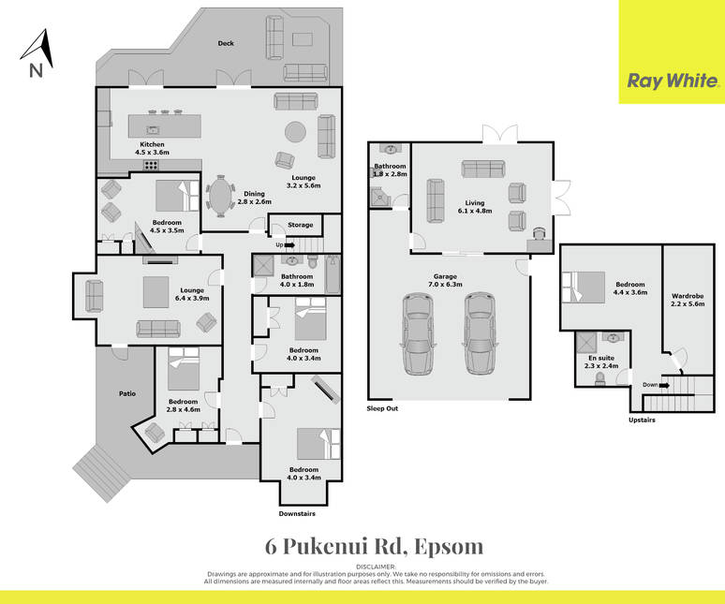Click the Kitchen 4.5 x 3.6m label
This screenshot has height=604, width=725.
click(152, 148)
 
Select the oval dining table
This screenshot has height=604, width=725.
click(220, 197)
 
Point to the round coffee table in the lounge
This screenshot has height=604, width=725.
click(295, 132)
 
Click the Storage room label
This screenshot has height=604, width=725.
click(301, 225)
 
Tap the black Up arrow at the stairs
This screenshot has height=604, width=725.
click(289, 245)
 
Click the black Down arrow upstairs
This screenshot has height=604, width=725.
click(664, 385)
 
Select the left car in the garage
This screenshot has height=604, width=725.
click(419, 333)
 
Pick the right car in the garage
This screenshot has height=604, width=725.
click(481, 333)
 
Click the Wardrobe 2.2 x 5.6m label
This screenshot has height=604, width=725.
click(688, 300)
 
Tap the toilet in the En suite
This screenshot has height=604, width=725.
click(599, 379)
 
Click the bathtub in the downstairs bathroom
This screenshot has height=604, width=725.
click(333, 274)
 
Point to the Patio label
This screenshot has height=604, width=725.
click(127, 393)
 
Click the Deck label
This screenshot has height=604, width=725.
click(226, 43)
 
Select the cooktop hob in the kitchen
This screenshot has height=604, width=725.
click(151, 164)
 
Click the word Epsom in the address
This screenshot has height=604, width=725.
click(449, 547)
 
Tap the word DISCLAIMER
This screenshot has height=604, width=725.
click(376, 567)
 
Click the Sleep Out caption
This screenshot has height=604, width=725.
click(382, 408)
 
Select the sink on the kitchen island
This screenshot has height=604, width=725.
click(153, 130)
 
